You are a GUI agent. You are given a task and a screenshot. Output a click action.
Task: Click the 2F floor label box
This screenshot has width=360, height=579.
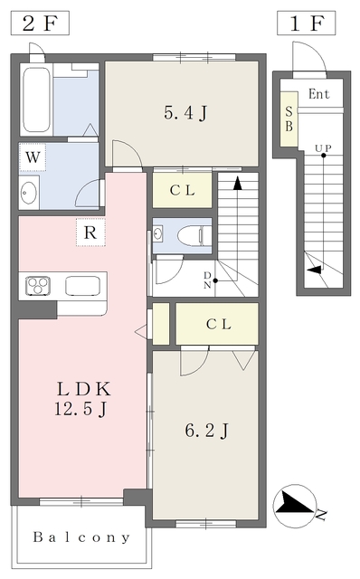(x=40, y=23)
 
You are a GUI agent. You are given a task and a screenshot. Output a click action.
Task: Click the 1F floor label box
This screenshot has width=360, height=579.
(x=306, y=23)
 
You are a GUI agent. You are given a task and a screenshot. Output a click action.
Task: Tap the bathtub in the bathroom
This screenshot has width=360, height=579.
(x=36, y=100)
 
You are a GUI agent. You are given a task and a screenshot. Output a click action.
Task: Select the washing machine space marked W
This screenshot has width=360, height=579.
(x=33, y=157)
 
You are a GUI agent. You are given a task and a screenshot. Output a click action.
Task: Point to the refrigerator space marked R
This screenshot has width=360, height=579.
(x=90, y=233)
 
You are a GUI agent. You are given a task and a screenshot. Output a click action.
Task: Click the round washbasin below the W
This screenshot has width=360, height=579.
(x=28, y=192)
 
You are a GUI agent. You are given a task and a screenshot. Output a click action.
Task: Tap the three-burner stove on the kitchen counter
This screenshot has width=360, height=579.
(x=38, y=286)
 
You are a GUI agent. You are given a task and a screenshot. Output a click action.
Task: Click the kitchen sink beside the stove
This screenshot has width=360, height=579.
(x=82, y=286)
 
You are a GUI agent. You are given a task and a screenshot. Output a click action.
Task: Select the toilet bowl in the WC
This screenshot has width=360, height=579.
(x=189, y=235)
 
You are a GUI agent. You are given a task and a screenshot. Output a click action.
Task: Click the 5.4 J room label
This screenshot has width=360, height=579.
(x=185, y=112)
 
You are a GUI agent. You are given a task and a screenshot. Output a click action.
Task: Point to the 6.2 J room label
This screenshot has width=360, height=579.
(x=207, y=431)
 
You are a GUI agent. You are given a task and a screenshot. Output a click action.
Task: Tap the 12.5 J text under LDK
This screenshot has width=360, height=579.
(x=81, y=409)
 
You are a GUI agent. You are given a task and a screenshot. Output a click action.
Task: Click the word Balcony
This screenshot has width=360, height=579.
(x=81, y=537)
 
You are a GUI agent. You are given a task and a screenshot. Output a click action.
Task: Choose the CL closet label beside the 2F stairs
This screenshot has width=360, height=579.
(x=182, y=191)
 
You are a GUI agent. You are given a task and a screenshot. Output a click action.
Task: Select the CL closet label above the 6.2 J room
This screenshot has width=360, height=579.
(x=219, y=324)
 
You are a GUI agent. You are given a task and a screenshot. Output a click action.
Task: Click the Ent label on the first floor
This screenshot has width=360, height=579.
(x=319, y=94)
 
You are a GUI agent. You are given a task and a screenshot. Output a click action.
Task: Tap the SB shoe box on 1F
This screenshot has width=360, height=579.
(x=289, y=119)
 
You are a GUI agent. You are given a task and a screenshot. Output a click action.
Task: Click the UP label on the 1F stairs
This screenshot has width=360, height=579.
(x=323, y=148)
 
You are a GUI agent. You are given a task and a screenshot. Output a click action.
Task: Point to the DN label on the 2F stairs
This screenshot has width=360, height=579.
(x=207, y=280)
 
